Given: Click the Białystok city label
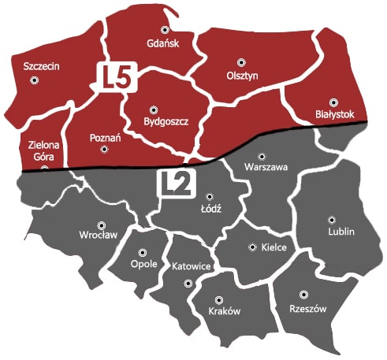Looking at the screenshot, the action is click(x=335, y=114).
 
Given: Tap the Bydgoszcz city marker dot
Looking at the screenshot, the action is click(x=153, y=109).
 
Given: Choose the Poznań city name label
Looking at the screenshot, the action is click(x=105, y=138).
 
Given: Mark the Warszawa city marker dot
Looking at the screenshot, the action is click(x=262, y=155).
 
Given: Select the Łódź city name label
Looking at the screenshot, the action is click(x=210, y=209).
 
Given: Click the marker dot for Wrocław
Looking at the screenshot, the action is click(x=100, y=224).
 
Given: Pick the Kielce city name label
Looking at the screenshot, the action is click(x=273, y=247).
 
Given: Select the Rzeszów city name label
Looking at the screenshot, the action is click(x=308, y=309).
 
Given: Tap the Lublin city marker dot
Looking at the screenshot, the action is click(x=332, y=220).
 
